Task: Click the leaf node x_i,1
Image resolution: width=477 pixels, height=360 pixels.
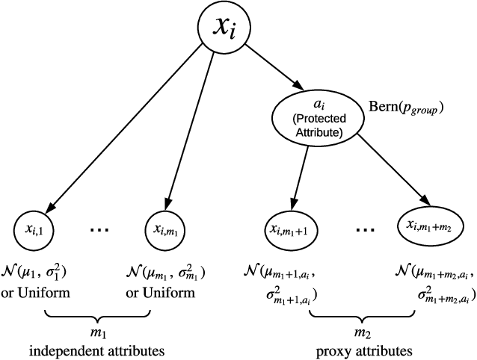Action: tap(37, 226)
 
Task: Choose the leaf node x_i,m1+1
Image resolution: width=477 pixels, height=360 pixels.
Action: tap(291, 227)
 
